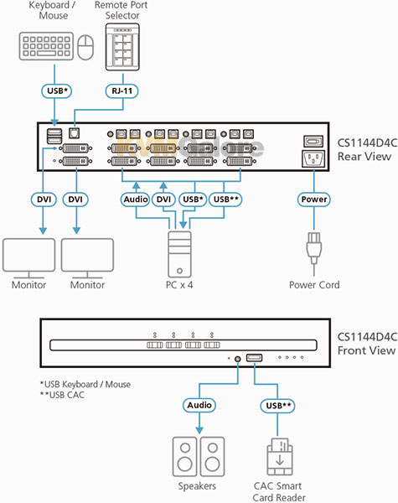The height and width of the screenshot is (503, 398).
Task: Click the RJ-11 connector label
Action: tap(121, 91)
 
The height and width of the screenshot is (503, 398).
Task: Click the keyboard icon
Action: tap(46, 46)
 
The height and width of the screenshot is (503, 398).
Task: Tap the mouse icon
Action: tap(85, 48)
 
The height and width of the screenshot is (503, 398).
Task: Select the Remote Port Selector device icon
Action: tap(122, 47)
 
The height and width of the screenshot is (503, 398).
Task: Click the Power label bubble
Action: tap(313, 200)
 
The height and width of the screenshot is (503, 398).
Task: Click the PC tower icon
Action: tap(179, 254)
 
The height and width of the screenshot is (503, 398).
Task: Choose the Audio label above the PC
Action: tap(136, 200)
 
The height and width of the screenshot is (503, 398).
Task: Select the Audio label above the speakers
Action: tap(199, 405)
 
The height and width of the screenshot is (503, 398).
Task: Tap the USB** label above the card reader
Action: tap(277, 406)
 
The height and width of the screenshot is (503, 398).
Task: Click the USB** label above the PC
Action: tap(225, 200)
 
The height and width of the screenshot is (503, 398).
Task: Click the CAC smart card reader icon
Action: tap(280, 457)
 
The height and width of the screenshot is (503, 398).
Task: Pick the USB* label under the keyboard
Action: tap(57, 91)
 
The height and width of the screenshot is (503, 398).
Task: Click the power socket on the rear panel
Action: tap(313, 158)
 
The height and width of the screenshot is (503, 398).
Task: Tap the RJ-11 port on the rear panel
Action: tap(74, 133)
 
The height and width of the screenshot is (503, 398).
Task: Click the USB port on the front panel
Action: tap(254, 358)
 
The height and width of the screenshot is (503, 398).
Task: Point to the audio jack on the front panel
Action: tap(238, 359)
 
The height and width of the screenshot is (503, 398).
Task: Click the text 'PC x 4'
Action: tap(179, 285)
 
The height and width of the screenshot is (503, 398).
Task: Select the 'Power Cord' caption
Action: tap(314, 285)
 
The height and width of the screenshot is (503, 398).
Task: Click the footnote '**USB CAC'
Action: tap(62, 395)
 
